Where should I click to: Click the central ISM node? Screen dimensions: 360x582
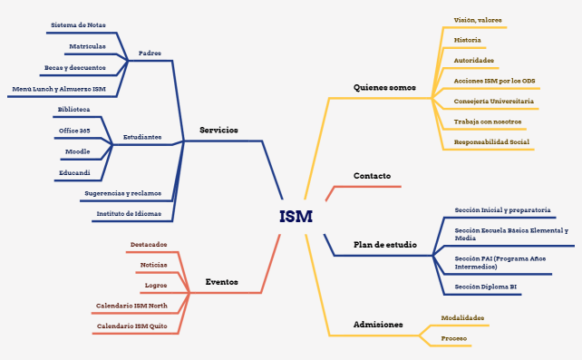(296, 217)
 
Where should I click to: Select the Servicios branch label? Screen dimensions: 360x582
(218, 131)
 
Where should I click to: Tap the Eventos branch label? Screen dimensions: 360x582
(221, 282)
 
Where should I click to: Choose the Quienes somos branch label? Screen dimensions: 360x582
(384, 88)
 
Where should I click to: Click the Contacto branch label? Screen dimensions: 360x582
(372, 175)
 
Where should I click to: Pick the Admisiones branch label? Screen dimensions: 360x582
(378, 325)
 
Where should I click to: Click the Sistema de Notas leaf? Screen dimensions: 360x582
(78, 25)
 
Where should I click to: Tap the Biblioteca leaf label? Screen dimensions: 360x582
(73, 109)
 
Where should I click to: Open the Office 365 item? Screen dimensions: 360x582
(74, 131)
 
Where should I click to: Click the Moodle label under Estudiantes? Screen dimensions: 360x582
(77, 151)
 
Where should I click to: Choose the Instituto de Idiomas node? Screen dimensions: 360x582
(129, 214)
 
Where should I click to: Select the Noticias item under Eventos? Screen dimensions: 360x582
(153, 265)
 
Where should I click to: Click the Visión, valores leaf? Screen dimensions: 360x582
(478, 20)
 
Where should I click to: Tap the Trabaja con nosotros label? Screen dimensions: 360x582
(488, 122)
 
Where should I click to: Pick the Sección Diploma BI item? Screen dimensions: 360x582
(486, 287)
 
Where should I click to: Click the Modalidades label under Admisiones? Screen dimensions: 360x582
(462, 318)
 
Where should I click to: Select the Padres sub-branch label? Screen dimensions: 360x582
(150, 54)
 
